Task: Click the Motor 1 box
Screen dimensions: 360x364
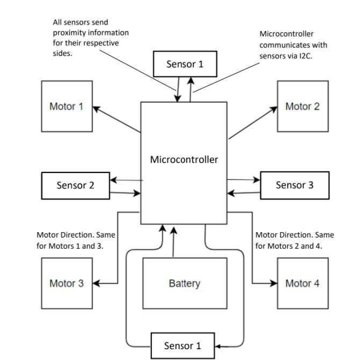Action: [x=67, y=106]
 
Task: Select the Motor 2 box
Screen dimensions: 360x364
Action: [x=302, y=106]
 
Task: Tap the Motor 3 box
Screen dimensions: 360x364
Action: [x=67, y=283]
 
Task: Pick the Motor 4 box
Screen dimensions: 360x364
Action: [x=302, y=283]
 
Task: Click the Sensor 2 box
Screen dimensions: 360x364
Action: [x=75, y=185]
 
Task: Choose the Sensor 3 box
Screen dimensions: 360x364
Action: [x=294, y=185]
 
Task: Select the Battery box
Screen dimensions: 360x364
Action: [x=184, y=283]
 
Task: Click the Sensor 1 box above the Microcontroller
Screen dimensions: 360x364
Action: [x=185, y=64]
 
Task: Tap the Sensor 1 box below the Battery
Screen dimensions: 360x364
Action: [x=183, y=345]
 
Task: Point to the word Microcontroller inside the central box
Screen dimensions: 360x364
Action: [x=184, y=160]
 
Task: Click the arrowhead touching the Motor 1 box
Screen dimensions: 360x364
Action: [x=97, y=108]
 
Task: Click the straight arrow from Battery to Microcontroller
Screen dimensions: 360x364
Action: [x=173, y=242]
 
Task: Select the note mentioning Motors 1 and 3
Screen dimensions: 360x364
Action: [x=75, y=240]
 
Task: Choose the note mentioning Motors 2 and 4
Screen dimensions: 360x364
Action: [x=294, y=240]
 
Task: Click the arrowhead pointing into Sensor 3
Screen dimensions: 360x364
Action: [x=257, y=180]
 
